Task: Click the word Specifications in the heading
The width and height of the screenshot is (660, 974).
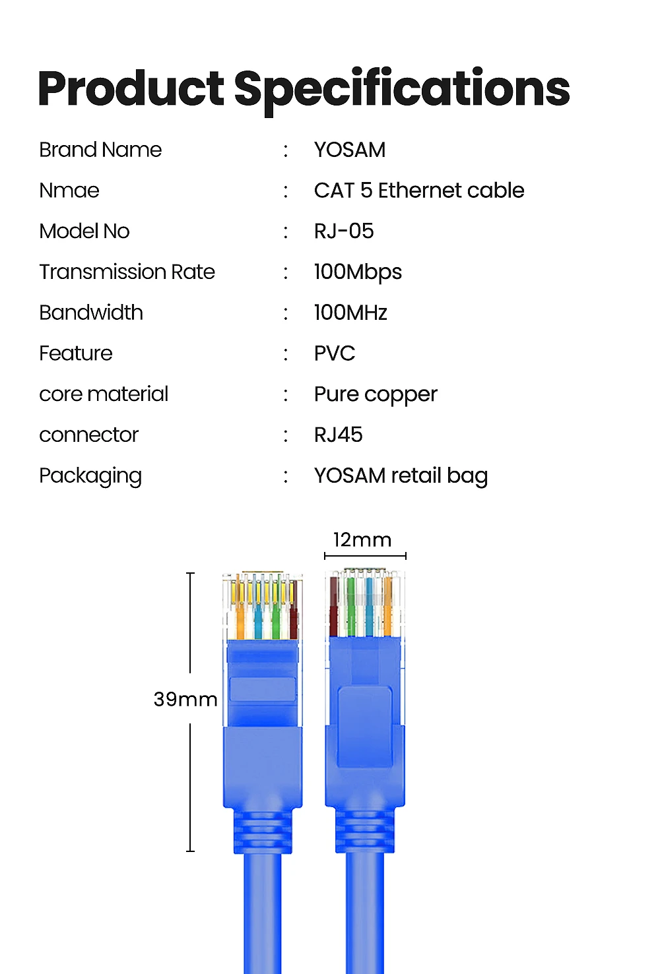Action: pos(402,90)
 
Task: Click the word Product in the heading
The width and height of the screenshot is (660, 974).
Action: pos(131,89)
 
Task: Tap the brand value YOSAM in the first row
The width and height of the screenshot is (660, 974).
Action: pos(350,150)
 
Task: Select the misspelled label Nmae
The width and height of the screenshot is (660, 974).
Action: pos(69,191)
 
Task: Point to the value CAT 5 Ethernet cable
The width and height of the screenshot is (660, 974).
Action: pos(419,191)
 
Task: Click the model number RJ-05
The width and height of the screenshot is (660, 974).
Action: pos(344,231)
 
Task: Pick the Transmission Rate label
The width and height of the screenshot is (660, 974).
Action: pos(127,272)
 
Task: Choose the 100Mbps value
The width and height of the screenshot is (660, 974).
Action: pos(358,272)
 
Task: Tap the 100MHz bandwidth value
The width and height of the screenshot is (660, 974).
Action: pos(350,313)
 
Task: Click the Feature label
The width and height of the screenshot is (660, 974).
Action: pos(76,353)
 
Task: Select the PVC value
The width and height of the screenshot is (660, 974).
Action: pos(335,353)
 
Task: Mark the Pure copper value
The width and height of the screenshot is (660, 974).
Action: pos(376,394)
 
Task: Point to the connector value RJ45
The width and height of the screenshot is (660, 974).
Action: pos(339,435)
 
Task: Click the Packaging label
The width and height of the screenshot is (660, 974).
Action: pos(90,476)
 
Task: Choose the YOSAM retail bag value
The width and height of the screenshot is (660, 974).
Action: pos(401,476)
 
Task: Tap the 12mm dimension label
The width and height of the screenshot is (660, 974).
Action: pos(362,540)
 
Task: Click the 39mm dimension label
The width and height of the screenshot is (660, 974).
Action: pos(185,699)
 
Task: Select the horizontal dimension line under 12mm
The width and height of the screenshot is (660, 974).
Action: pos(365,557)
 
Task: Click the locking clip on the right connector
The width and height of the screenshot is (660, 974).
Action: pos(364,725)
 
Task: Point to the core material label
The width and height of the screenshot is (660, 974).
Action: pos(104,394)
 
